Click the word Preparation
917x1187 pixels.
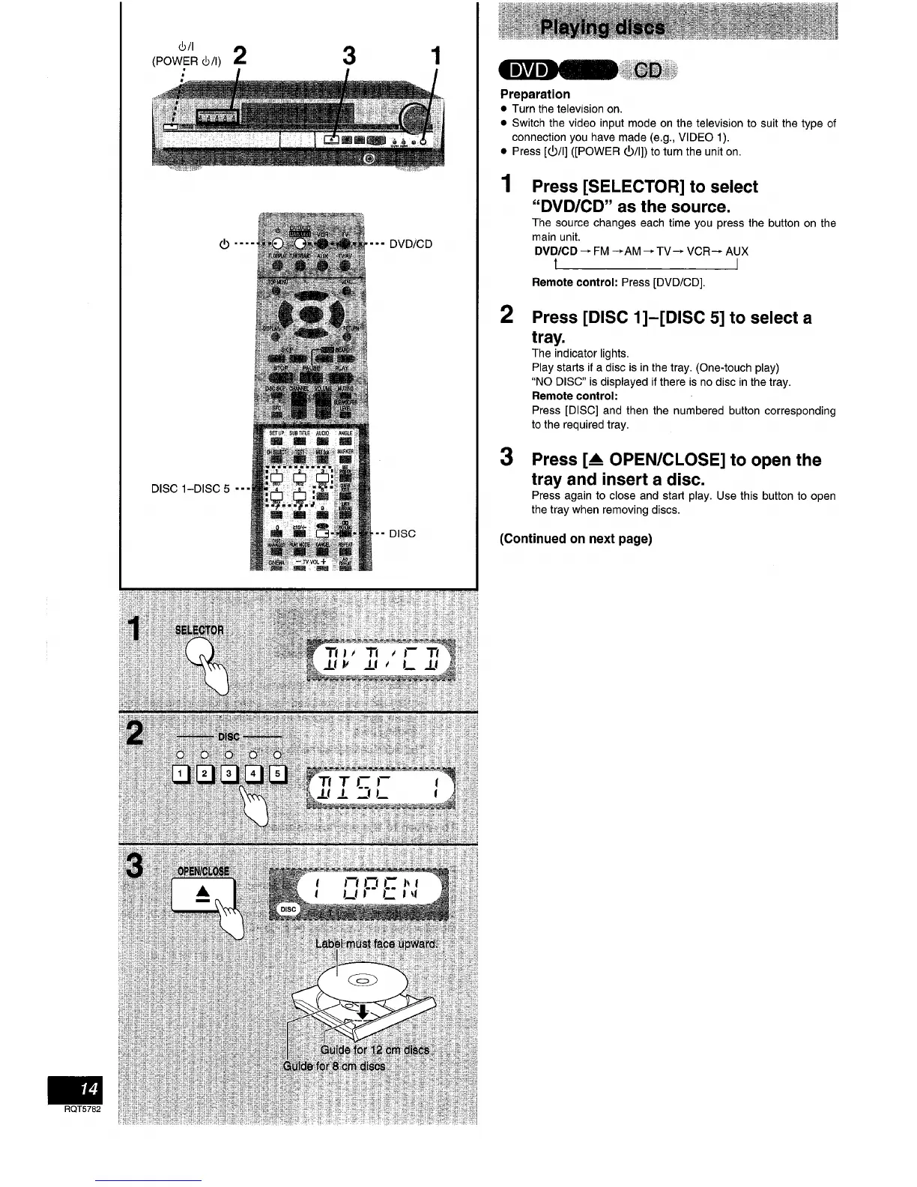[x=535, y=94]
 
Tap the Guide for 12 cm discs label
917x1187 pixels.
[x=375, y=1050]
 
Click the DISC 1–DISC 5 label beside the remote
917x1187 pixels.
[x=190, y=489]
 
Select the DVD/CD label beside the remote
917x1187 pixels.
[x=411, y=244]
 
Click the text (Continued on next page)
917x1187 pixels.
[x=575, y=539]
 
